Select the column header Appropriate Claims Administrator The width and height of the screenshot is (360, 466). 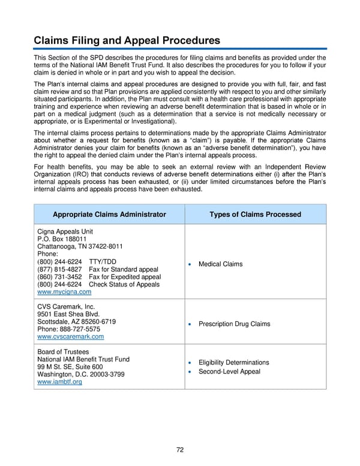(x=109, y=214)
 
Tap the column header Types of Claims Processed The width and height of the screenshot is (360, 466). (x=255, y=214)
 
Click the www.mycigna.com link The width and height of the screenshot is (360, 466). (x=64, y=292)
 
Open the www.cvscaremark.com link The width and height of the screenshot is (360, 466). (x=70, y=337)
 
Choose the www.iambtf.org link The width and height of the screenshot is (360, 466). (x=59, y=382)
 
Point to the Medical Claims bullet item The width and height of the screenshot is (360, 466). (x=220, y=264)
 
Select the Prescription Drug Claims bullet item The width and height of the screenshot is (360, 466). (x=234, y=324)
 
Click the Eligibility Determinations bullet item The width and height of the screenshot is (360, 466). (x=233, y=363)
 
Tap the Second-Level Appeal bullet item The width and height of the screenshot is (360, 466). (x=229, y=372)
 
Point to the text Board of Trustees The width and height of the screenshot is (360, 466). (x=63, y=352)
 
